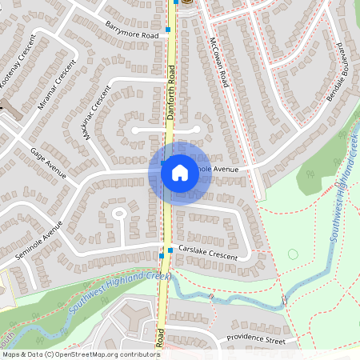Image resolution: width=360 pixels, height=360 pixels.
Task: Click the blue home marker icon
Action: click(x=179, y=172)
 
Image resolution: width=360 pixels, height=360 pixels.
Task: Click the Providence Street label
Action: click(x=255, y=339)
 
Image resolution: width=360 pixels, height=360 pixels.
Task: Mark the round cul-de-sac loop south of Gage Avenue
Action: click(x=120, y=214)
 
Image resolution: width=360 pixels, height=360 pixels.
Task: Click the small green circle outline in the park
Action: click(x=292, y=254)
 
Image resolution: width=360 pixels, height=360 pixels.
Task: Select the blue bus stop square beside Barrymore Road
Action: click(x=169, y=28)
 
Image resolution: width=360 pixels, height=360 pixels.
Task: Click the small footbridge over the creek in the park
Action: click(x=283, y=301)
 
